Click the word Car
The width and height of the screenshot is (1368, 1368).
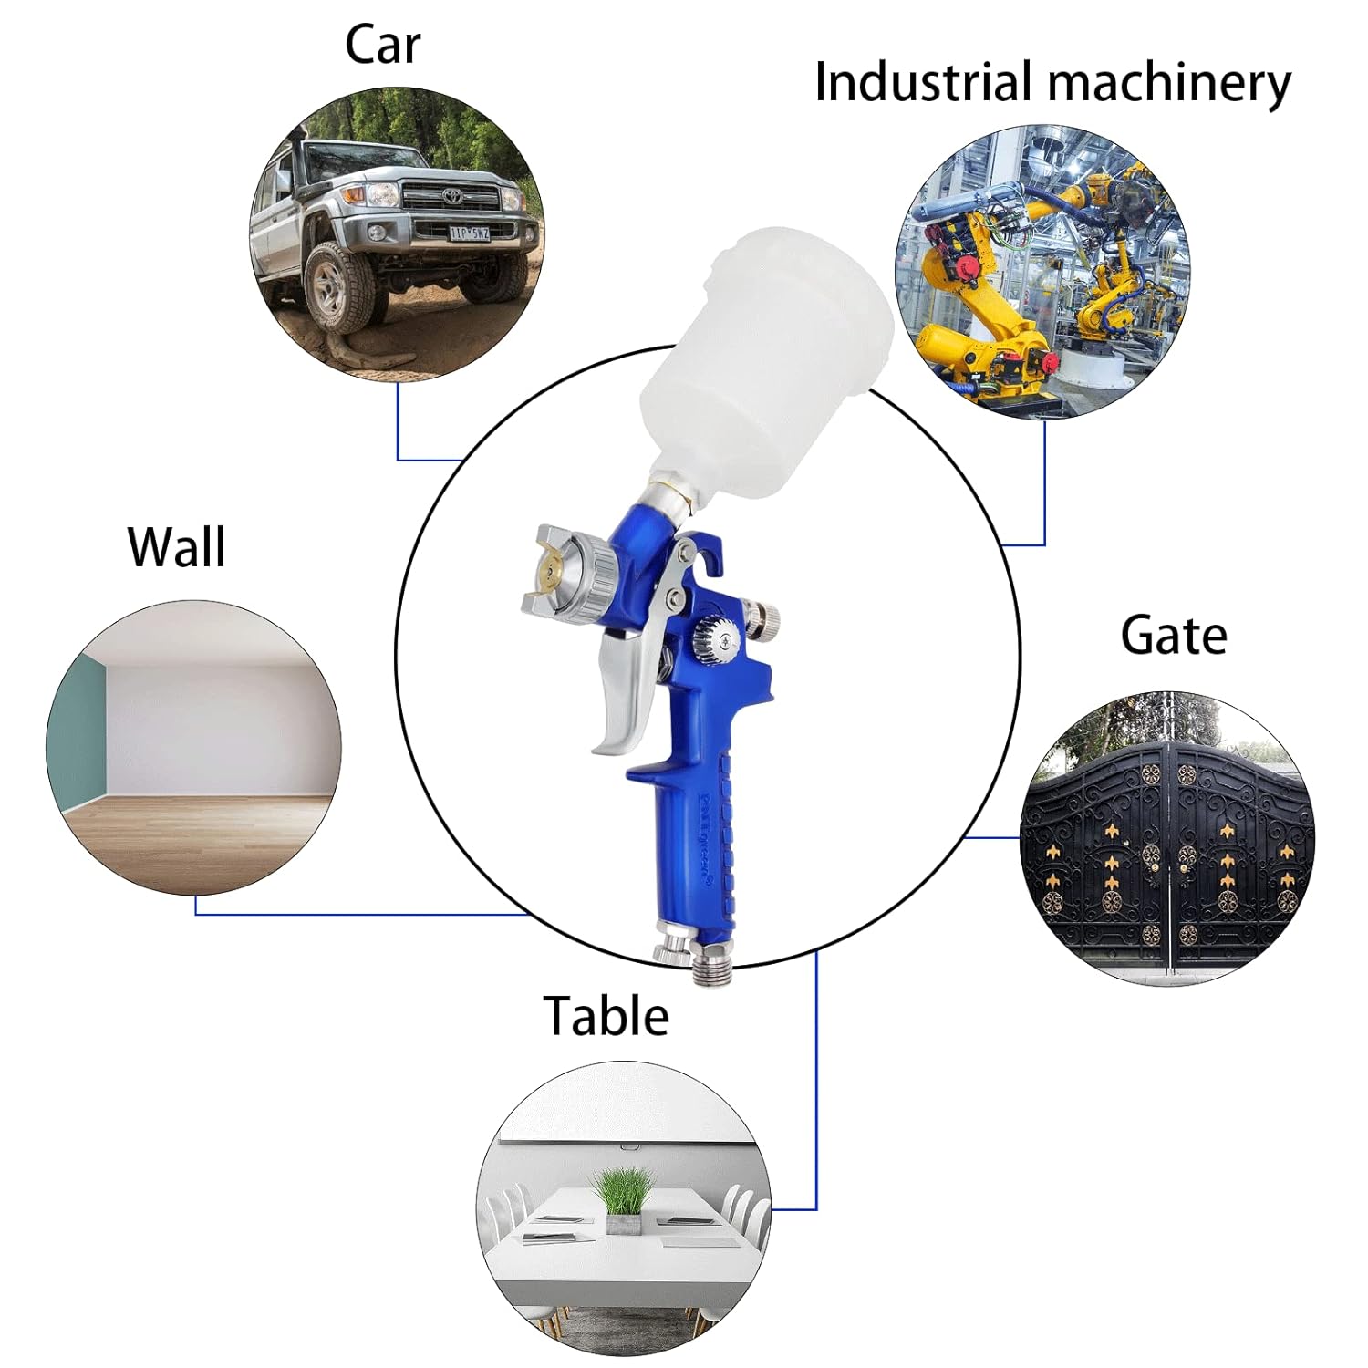tap(382, 45)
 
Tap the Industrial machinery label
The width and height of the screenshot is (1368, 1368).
tap(1052, 83)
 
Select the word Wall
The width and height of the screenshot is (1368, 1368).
tap(176, 547)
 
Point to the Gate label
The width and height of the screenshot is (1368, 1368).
tap(1173, 636)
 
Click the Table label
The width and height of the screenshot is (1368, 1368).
tap(606, 1015)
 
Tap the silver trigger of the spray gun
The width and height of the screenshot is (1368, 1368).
tap(625, 693)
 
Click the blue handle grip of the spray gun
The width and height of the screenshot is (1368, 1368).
tap(698, 848)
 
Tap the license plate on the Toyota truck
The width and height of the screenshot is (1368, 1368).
tap(469, 233)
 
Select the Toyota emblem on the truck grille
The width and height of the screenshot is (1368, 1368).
tap(451, 195)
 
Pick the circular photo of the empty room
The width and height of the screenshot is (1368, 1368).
tap(193, 748)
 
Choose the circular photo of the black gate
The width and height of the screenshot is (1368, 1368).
tap(1167, 837)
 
